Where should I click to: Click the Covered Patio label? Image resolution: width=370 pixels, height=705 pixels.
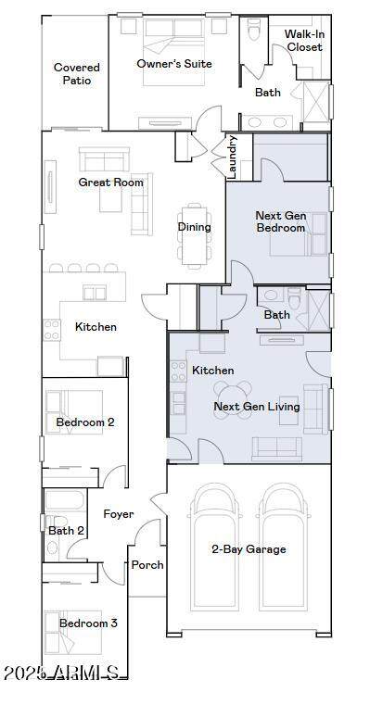pos(77,74)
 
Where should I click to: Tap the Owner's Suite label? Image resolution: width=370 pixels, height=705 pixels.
pos(174,64)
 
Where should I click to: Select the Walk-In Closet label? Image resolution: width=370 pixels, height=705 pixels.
pos(305,41)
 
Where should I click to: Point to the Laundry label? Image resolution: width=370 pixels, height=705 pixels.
pos(232,157)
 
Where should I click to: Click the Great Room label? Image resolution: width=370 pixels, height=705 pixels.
pos(110,183)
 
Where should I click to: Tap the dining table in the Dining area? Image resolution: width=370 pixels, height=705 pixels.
pos(195,235)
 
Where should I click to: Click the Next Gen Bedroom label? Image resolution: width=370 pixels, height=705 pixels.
pos(281,221)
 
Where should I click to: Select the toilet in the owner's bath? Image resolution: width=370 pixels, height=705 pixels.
pos(254,30)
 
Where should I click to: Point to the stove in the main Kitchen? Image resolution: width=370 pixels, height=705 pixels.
pos(51,330)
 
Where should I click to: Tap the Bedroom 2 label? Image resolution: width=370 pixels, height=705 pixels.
pos(85,422)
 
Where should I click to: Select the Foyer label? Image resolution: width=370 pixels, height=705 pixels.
pos(119,514)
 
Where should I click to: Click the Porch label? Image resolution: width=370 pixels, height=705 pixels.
pos(147,565)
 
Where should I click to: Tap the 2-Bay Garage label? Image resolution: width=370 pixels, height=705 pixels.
pos(249,549)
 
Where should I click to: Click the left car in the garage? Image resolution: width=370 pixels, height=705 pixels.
pos(214,547)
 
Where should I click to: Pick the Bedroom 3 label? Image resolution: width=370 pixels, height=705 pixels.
pos(88,623)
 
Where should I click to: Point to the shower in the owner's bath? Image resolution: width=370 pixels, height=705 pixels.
pos(316,102)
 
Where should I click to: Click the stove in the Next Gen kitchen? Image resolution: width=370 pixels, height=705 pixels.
pos(178,371)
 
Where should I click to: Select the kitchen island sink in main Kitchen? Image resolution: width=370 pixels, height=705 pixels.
pos(95,293)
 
